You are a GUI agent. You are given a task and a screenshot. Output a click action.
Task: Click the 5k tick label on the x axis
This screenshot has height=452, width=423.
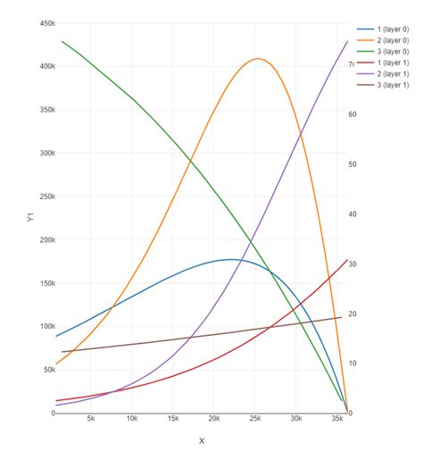(91, 419)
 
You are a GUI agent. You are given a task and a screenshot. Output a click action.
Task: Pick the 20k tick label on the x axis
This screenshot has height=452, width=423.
(214, 419)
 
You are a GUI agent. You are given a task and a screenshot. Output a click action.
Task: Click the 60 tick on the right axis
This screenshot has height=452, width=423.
(353, 114)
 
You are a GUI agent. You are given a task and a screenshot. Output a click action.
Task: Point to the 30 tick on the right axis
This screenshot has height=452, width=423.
(353, 264)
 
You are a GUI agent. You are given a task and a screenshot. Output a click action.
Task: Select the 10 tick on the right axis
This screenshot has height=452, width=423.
(353, 364)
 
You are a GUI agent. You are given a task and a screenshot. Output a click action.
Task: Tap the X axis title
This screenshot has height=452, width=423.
(202, 440)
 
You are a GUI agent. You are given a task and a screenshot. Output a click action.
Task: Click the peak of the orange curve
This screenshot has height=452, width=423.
(259, 59)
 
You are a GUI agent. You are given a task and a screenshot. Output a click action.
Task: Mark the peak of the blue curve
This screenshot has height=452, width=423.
(230, 260)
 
